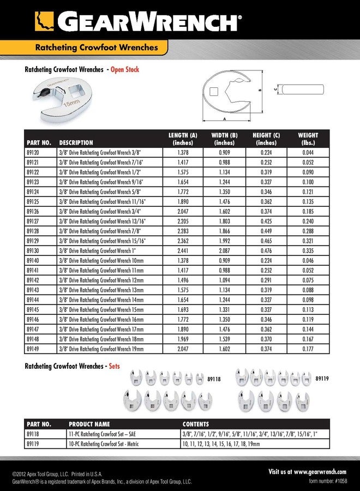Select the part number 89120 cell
coord(33,153)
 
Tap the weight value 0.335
coord(308,251)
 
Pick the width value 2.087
coord(224,251)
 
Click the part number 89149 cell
coord(33,349)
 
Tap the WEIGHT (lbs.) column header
coord(308,139)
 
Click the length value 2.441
coord(182,251)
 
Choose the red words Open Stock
coord(125,69)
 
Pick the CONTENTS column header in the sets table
coord(195,424)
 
